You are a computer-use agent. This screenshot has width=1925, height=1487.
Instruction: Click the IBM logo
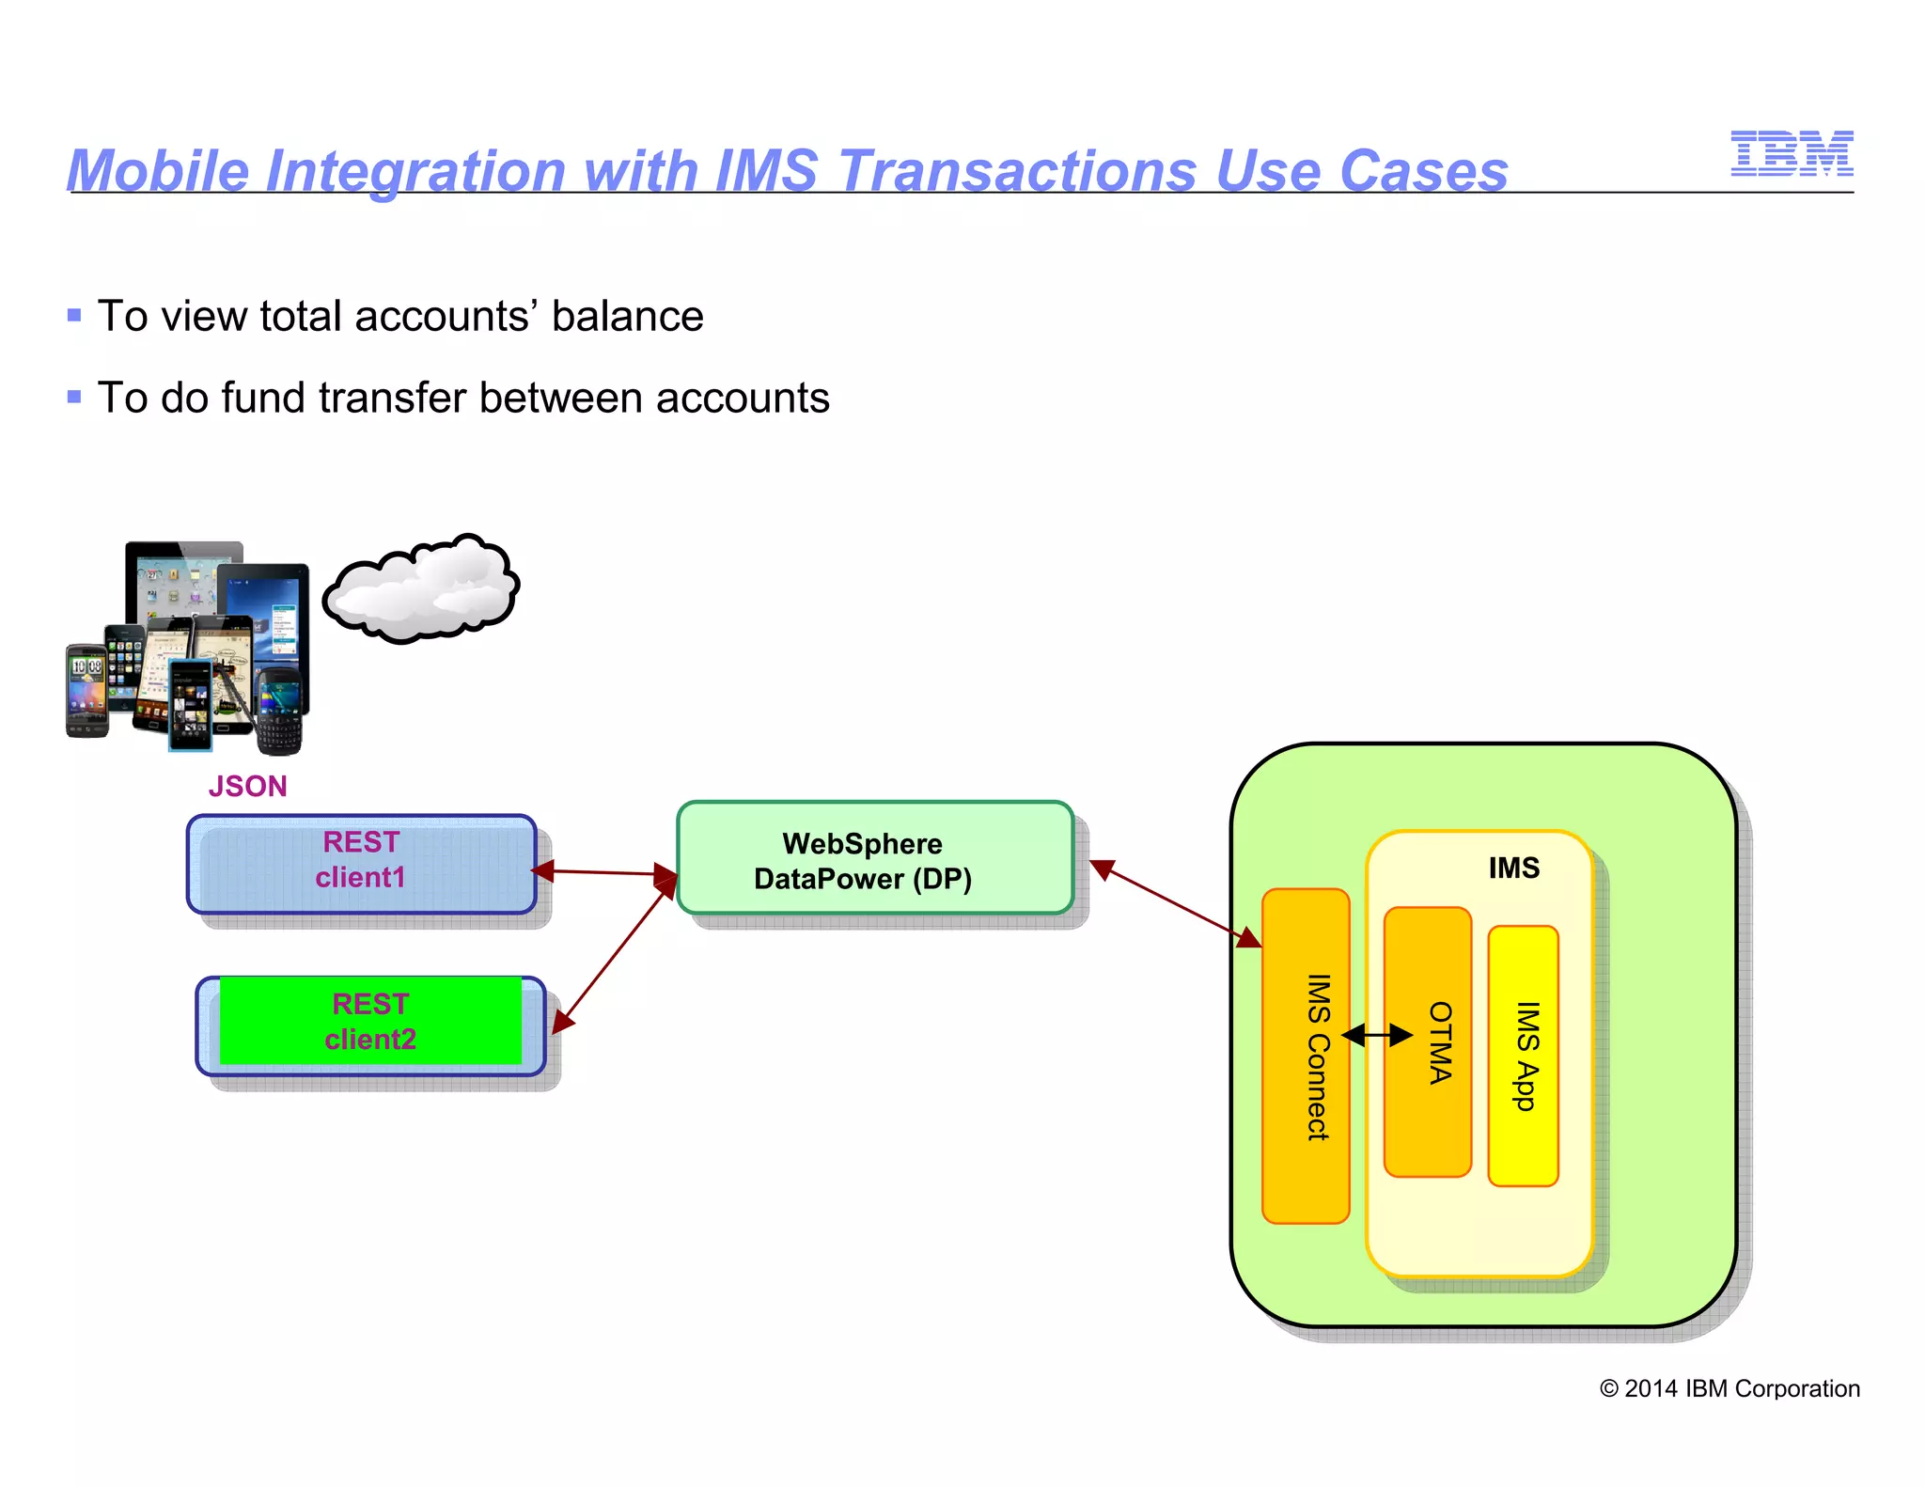(1791, 153)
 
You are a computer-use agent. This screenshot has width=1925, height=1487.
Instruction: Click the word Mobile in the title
(157, 171)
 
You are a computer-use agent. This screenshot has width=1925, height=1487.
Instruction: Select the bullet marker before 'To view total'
(74, 316)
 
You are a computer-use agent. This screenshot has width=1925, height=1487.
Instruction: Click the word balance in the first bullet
(627, 316)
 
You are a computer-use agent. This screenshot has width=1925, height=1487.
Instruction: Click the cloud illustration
(421, 589)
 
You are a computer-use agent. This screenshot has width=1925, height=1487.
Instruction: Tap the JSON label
(247, 786)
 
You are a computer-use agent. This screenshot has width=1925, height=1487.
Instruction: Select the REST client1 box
(362, 863)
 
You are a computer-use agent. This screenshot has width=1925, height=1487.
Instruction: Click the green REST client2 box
(370, 1022)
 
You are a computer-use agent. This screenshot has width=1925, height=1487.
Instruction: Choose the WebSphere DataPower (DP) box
(874, 858)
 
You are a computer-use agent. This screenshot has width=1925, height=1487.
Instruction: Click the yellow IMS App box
(1523, 1056)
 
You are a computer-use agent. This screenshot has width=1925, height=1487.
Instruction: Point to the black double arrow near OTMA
(1376, 1035)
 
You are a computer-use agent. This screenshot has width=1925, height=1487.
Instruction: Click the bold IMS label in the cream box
(1513, 868)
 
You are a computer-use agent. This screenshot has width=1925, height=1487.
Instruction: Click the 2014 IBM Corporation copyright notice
(1729, 1388)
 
